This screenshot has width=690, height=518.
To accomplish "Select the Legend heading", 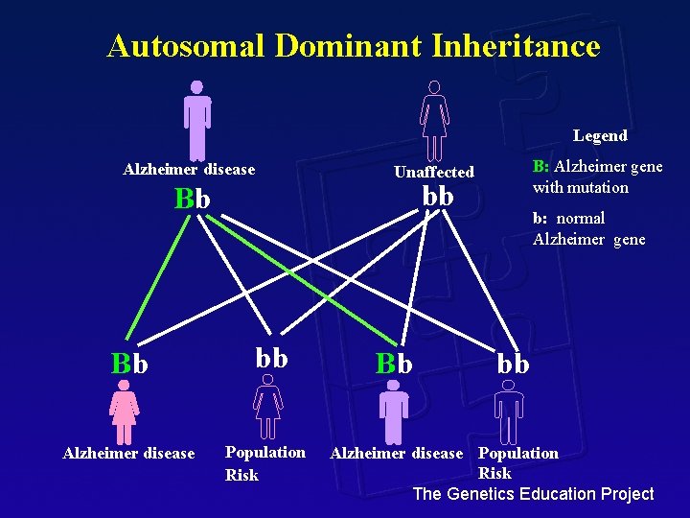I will [x=600, y=135].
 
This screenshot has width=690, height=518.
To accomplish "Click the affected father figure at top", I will [x=197, y=119].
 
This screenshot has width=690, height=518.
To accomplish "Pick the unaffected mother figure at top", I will [x=434, y=120].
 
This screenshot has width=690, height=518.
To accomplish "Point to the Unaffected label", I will [x=434, y=172].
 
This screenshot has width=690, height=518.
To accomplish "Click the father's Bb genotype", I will [x=193, y=199].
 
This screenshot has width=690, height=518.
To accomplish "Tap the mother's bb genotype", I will [x=438, y=196].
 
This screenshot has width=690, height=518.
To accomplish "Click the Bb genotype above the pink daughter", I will [x=129, y=365].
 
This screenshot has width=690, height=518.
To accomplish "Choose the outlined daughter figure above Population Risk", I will [x=268, y=407].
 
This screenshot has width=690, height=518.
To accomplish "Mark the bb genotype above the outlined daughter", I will [x=271, y=358].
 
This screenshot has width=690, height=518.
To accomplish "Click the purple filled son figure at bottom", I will [x=393, y=412].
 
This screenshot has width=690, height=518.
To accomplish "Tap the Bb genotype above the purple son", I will [x=394, y=364].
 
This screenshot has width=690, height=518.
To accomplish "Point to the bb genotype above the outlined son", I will [x=513, y=364].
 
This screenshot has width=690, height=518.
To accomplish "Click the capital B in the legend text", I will [x=539, y=166].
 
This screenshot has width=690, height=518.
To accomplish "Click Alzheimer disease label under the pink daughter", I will [x=128, y=453].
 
